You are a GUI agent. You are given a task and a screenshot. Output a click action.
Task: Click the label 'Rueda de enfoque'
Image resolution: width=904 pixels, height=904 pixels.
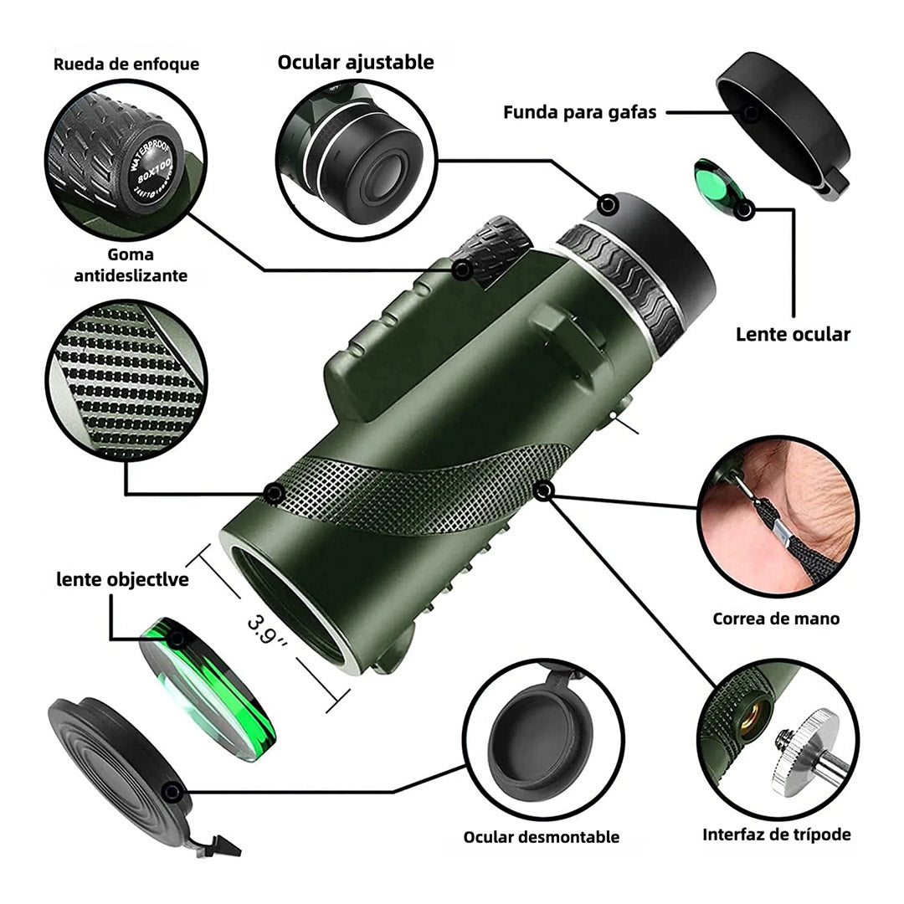pyautogui.click(x=126, y=64)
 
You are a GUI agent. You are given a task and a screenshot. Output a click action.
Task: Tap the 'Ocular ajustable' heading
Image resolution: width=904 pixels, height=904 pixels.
pyautogui.click(x=356, y=62)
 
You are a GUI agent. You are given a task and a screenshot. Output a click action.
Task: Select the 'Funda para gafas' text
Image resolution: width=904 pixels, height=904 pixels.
pyautogui.click(x=579, y=112)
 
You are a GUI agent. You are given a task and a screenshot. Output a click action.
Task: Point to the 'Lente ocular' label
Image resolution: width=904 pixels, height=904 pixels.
pyautogui.click(x=793, y=335)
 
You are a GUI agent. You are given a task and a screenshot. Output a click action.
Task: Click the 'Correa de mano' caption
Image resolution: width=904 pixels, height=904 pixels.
pyautogui.click(x=776, y=619)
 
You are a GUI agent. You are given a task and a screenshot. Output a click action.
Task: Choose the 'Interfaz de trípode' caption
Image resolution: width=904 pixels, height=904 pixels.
pyautogui.click(x=776, y=835)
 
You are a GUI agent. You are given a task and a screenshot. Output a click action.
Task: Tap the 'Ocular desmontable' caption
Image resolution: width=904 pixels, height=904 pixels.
pyautogui.click(x=542, y=837)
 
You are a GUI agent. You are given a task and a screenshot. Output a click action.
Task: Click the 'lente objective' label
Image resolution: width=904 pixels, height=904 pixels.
pyautogui.click(x=122, y=579)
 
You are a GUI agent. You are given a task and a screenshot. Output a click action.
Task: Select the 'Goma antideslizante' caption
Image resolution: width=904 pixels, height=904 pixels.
pyautogui.click(x=131, y=265)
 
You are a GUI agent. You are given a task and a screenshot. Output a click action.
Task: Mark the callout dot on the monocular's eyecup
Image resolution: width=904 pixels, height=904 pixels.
pyautogui.click(x=609, y=203)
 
